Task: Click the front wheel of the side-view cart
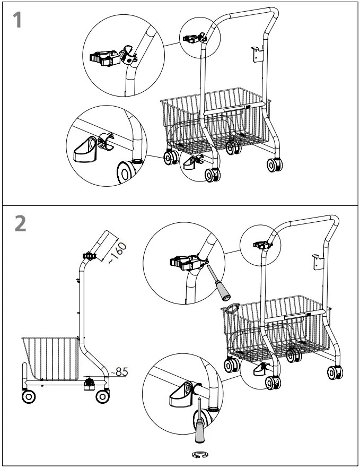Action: coord(28,396)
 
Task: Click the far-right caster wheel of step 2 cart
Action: coord(334,372)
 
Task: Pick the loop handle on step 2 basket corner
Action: coord(232,307)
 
